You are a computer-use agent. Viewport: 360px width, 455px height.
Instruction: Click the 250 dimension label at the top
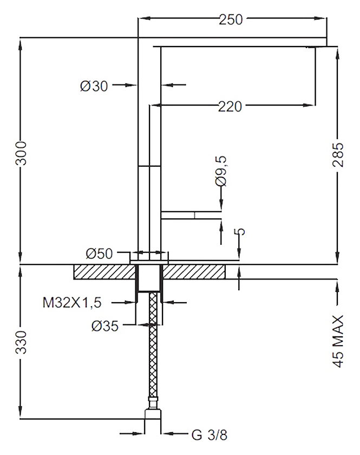(x=231, y=19)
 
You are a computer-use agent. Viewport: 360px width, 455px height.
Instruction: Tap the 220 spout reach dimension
(x=230, y=107)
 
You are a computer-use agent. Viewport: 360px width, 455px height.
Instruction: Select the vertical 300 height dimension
(x=21, y=153)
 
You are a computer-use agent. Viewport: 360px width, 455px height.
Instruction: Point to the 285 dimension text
(x=338, y=154)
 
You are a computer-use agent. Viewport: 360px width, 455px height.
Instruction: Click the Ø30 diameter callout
(x=94, y=86)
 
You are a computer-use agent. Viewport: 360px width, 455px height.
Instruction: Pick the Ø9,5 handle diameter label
(x=221, y=171)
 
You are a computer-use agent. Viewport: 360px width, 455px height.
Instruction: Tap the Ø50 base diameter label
(x=99, y=253)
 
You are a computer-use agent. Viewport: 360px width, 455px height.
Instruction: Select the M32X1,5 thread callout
(x=72, y=303)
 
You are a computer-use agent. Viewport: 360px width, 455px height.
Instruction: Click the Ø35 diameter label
(x=105, y=326)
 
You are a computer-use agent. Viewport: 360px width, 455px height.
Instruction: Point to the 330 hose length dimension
(x=21, y=342)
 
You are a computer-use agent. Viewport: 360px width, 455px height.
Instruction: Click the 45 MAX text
(x=338, y=342)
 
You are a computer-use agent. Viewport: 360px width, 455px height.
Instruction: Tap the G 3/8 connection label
(x=210, y=434)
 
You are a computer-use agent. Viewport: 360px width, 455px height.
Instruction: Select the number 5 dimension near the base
(x=240, y=232)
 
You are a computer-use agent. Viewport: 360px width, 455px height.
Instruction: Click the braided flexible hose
(x=153, y=346)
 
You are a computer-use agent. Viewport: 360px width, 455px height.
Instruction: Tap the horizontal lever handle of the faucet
(x=191, y=215)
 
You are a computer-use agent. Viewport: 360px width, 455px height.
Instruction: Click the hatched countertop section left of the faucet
(x=104, y=272)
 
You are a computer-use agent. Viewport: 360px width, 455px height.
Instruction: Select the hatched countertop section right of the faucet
(x=194, y=272)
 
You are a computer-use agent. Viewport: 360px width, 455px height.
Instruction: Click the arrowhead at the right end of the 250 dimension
(x=320, y=18)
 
